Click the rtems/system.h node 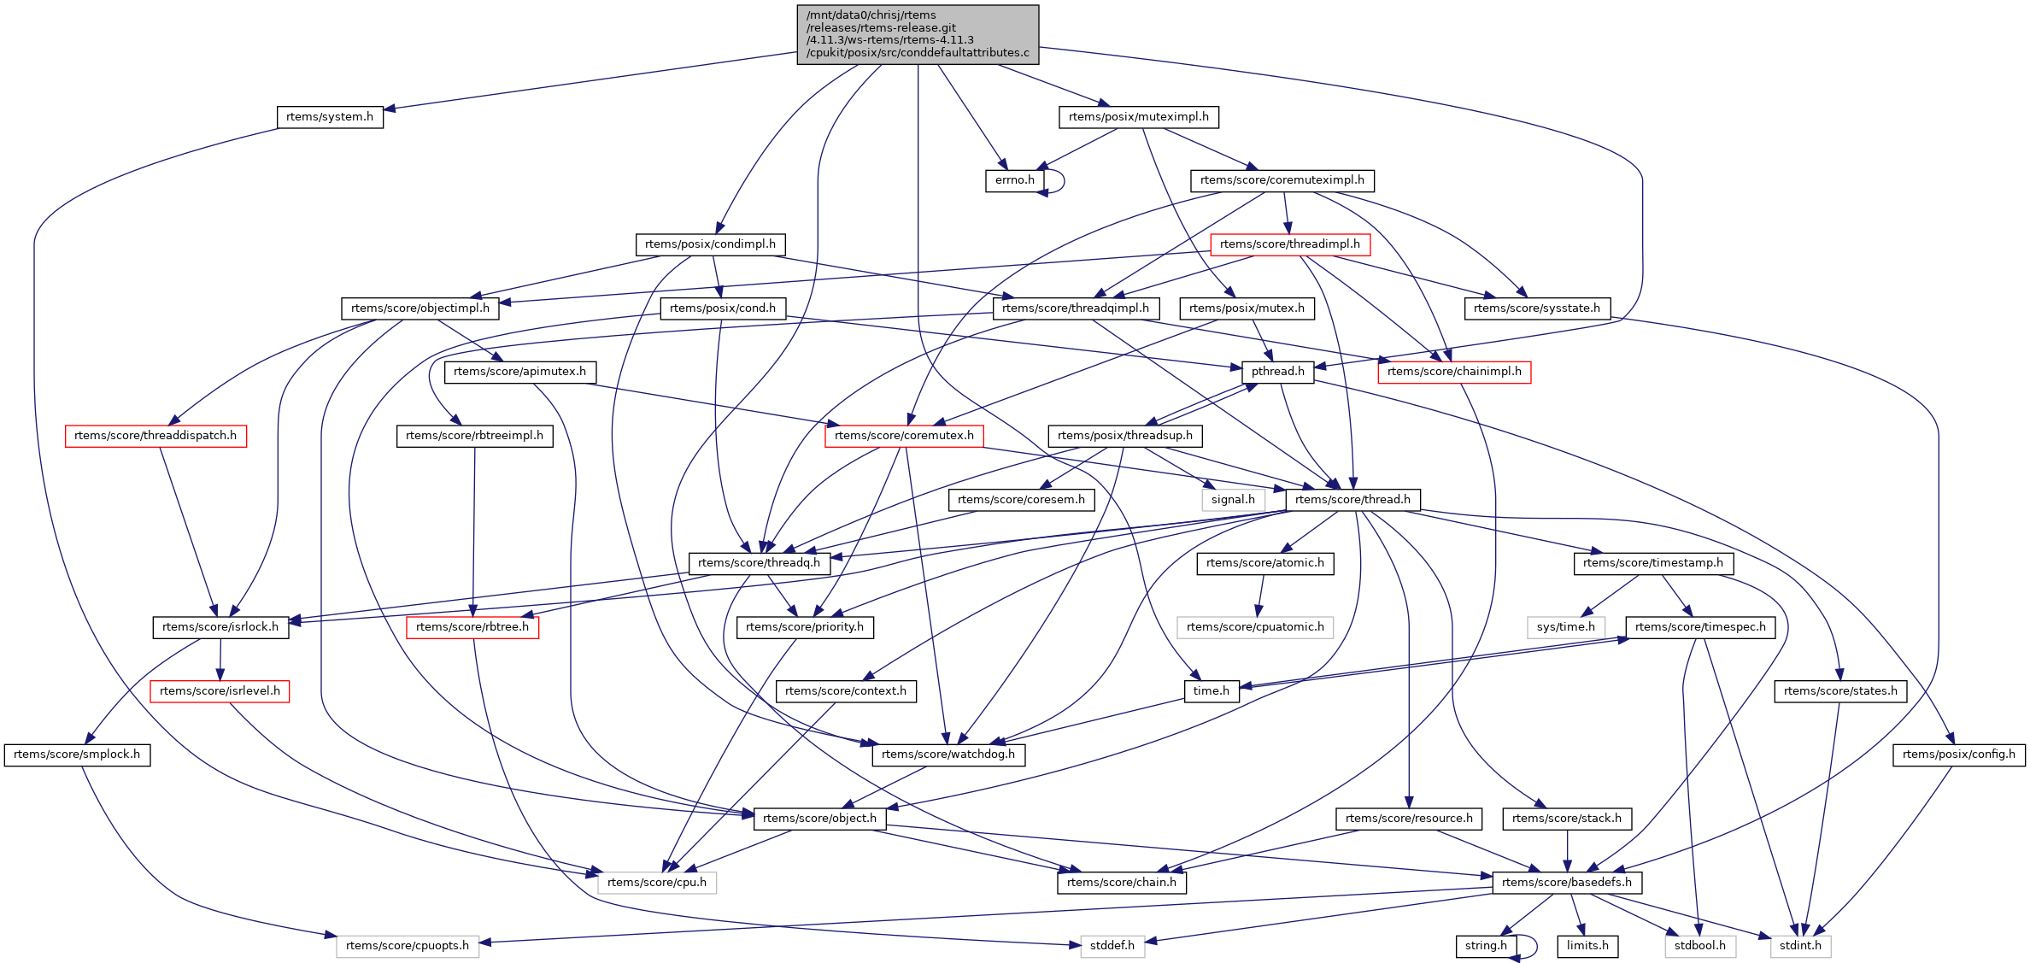[330, 117]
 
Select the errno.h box [1014, 180]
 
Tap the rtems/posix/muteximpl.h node [1138, 117]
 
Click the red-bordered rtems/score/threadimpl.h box [1289, 244]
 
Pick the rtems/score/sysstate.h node [1536, 308]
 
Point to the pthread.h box [1277, 372]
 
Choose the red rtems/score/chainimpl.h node [1453, 372]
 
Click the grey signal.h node [1233, 500]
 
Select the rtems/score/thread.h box [1352, 500]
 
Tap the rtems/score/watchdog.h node [948, 755]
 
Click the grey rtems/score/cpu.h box [656, 883]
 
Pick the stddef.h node [1112, 946]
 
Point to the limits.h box [1587, 946]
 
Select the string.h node [1486, 946]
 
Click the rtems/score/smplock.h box [77, 755]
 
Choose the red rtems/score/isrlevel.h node [220, 691]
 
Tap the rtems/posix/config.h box [1958, 755]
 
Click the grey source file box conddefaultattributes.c [918, 34]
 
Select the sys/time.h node [1565, 627]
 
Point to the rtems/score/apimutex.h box [519, 372]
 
